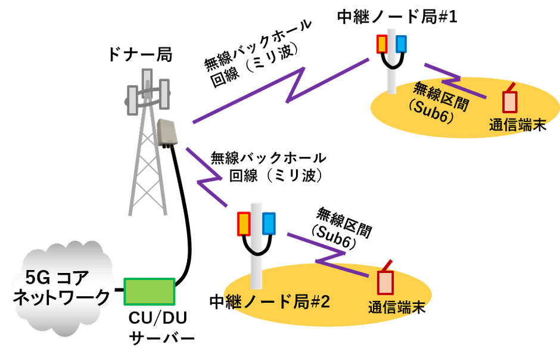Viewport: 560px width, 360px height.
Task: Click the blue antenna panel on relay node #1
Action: point(401,44)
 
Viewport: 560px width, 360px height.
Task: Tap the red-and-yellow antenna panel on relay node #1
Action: point(382,44)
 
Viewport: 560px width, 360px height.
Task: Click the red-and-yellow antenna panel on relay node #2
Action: point(244,224)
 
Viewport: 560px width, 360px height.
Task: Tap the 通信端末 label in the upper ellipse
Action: point(517,126)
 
